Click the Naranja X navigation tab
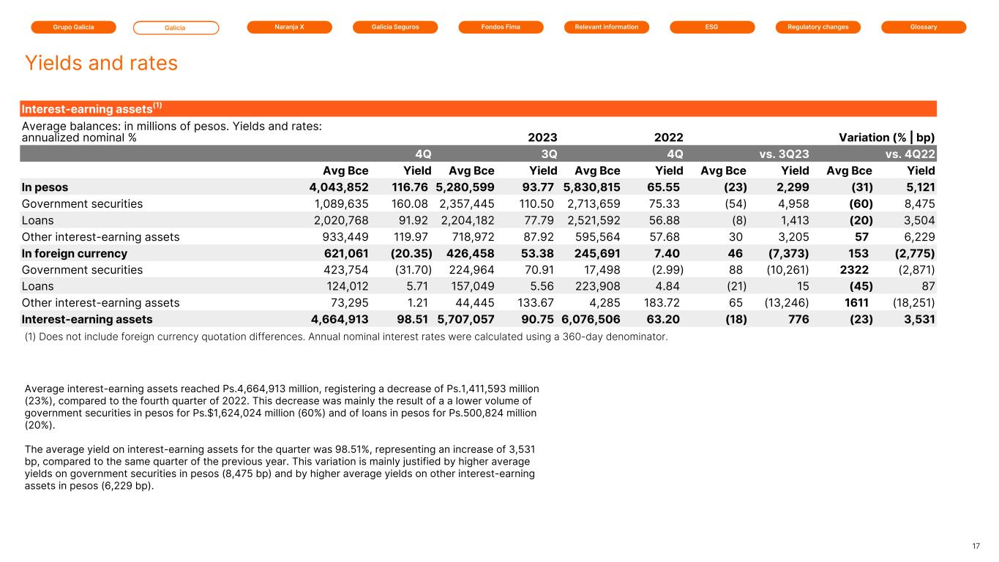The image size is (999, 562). click(x=290, y=27)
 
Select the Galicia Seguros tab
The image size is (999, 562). click(x=395, y=27)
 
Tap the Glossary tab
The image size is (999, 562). click(x=924, y=27)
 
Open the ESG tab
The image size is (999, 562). click(x=712, y=27)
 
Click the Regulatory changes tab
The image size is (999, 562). click(x=818, y=27)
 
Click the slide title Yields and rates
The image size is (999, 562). click(x=101, y=63)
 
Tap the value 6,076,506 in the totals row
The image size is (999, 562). click(x=591, y=319)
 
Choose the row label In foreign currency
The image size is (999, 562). click(x=75, y=253)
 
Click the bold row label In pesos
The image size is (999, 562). click(x=45, y=187)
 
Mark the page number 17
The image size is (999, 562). click(x=976, y=545)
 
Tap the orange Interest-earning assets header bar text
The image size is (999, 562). click(x=91, y=108)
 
